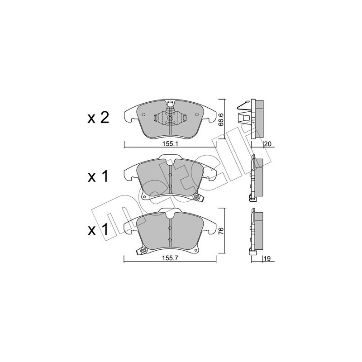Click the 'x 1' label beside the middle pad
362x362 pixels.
click(x=98, y=177)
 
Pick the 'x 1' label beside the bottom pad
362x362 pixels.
click(x=98, y=230)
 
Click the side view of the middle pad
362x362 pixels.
click(x=257, y=176)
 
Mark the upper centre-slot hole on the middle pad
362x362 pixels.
click(x=169, y=175)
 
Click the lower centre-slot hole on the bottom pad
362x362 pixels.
click(x=169, y=239)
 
